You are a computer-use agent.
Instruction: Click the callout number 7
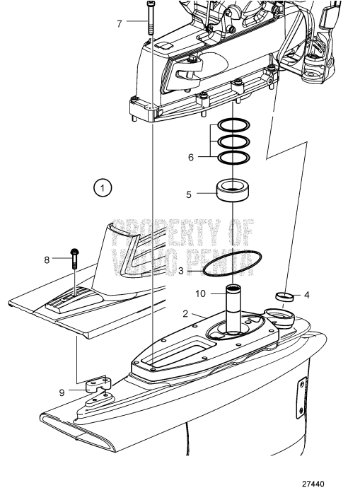(120, 23)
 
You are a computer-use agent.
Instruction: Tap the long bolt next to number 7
(151, 17)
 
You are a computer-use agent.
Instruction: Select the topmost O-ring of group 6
(231, 126)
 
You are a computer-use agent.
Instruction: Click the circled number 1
(103, 188)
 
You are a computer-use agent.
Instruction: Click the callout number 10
(200, 293)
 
